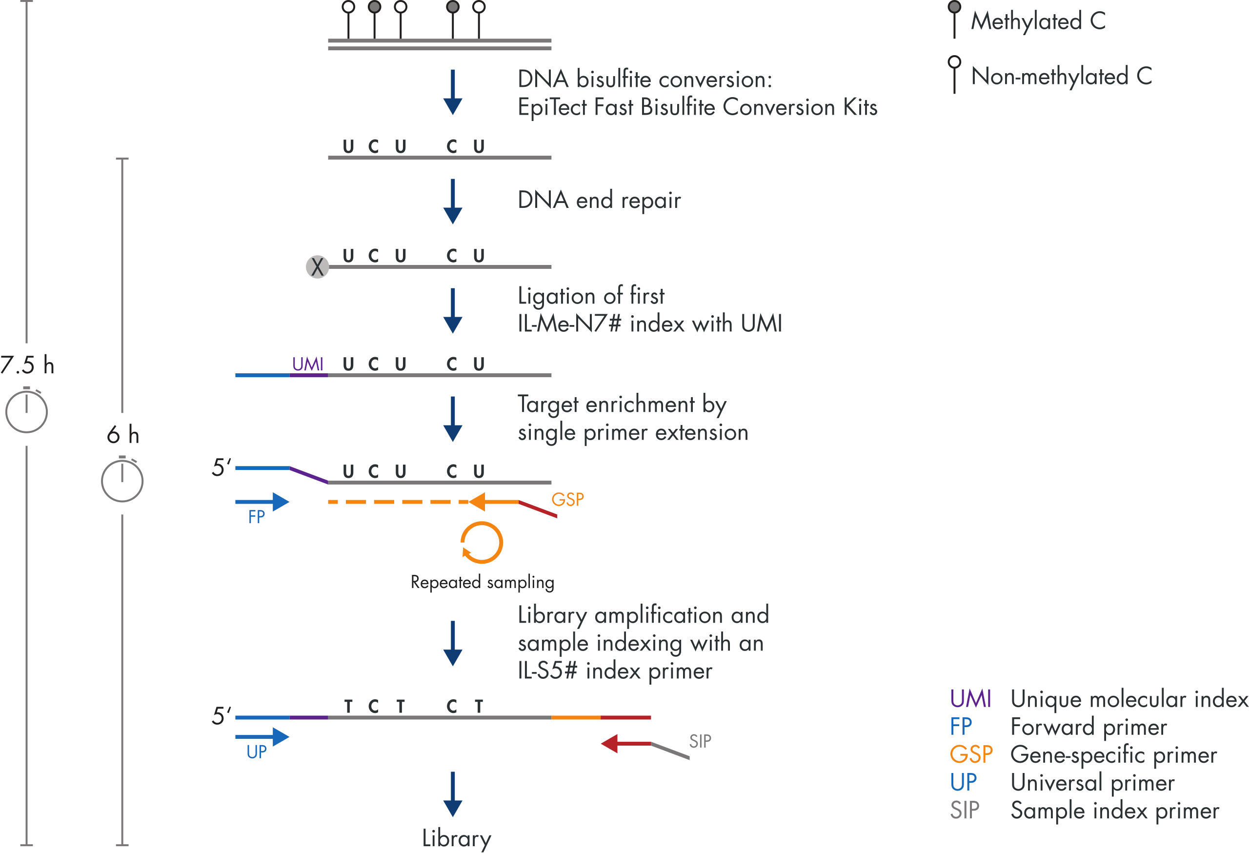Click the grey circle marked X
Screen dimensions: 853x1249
[317, 266]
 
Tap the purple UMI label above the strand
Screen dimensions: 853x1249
[307, 365]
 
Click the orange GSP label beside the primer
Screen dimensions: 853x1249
[567, 499]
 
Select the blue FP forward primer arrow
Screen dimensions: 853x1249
[262, 502]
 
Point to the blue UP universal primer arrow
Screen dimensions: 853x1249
[262, 737]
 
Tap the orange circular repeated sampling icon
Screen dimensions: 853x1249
[482, 542]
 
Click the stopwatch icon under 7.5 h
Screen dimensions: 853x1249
[26, 411]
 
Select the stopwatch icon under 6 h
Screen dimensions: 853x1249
[122, 481]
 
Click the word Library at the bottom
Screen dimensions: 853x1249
[456, 838]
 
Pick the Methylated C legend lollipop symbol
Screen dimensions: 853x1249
[954, 20]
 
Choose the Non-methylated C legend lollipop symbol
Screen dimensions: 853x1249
[954, 74]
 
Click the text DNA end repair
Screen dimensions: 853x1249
[599, 200]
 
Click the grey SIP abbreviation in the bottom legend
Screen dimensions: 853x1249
[964, 810]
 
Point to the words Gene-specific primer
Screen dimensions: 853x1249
[1113, 754]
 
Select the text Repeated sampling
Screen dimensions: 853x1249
[482, 582]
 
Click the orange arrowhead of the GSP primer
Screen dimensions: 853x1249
[477, 502]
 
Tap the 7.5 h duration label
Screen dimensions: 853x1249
[27, 365]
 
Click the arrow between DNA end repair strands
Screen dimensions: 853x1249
[453, 201]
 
